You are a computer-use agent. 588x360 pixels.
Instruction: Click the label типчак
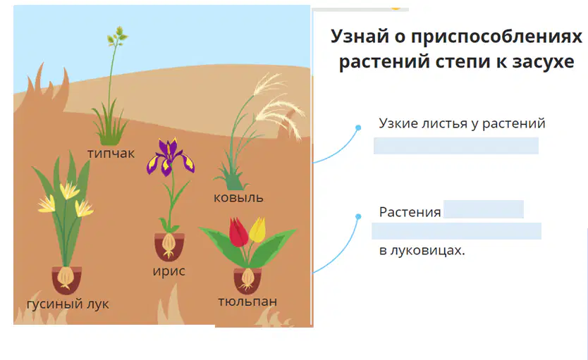pos(111,153)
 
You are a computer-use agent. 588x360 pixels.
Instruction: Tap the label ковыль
pos(238,197)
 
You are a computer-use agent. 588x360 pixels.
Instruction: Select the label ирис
pos(169,271)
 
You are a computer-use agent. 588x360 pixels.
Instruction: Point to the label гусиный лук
pos(68,304)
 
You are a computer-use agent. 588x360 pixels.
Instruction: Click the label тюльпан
pos(247,302)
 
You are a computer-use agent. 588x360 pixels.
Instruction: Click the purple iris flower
pos(171,157)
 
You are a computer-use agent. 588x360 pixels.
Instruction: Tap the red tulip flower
pos(238,232)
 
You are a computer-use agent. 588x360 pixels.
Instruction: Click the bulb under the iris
pos(169,244)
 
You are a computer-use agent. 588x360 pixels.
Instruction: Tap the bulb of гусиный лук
pos(66,278)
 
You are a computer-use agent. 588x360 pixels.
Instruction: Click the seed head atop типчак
pos(117,37)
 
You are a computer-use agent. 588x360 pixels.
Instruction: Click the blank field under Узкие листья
pos(456,146)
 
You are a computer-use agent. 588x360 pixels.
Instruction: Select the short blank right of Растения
pos(484,209)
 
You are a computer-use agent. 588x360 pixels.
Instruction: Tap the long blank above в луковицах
pos(456,231)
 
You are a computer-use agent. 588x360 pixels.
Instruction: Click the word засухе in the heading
pos(544,61)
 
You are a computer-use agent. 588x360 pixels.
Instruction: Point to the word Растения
pos(410,212)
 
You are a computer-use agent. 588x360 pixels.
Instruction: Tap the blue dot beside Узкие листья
pos(358,128)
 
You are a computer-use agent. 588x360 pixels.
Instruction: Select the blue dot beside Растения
pos(358,216)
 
